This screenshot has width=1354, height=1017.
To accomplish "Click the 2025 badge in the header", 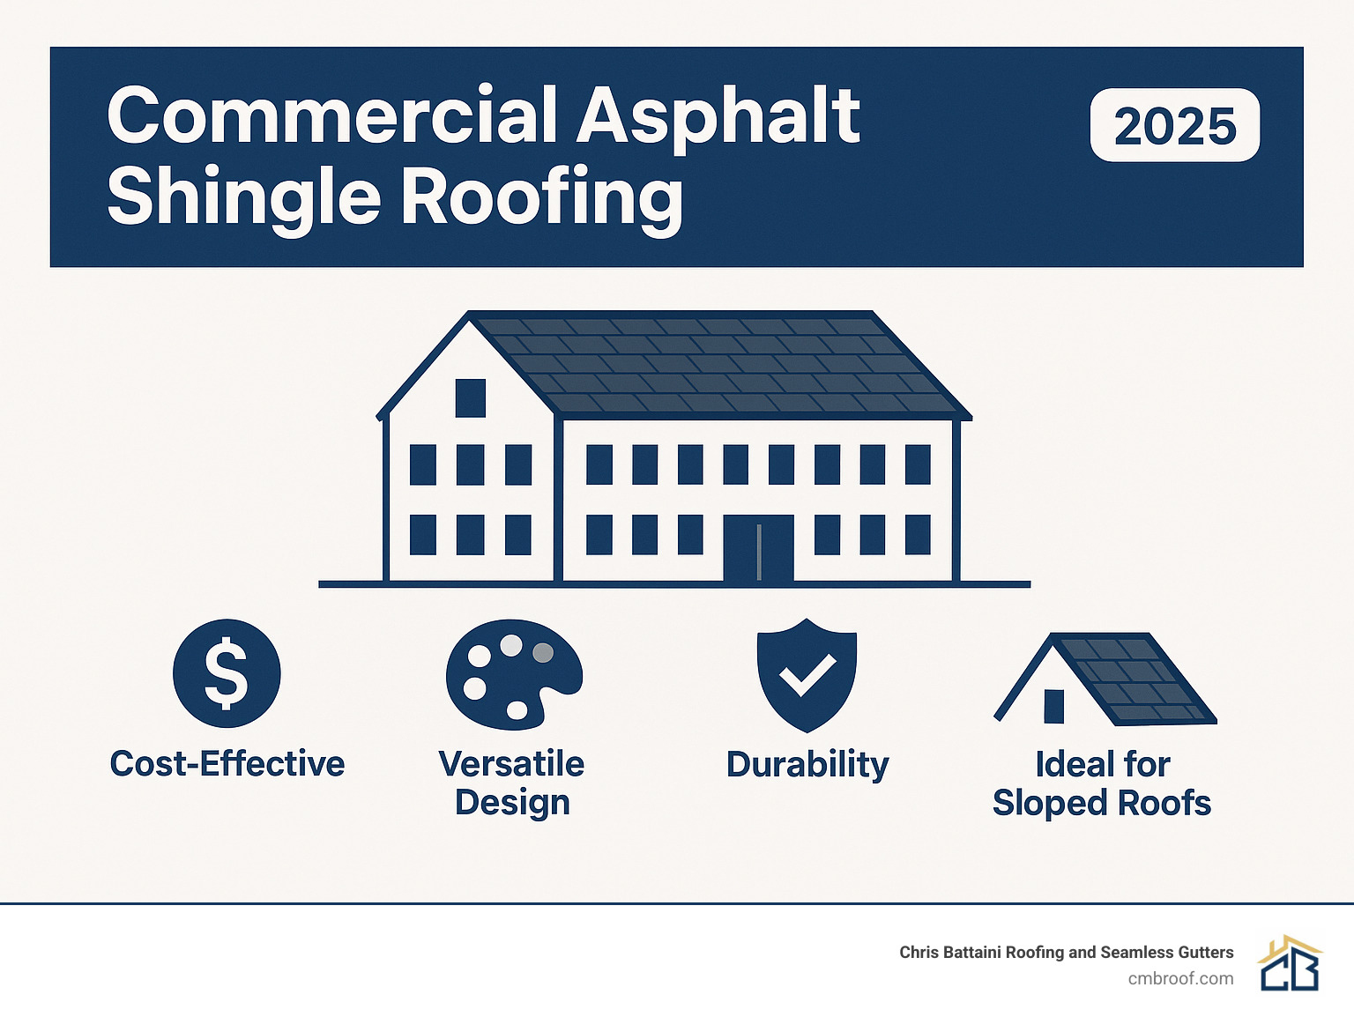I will coord(1174,125).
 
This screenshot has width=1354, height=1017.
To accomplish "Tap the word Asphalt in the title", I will coord(718,116).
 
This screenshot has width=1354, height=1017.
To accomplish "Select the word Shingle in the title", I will coord(243,197).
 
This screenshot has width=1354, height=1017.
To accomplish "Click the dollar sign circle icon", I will coord(227,673).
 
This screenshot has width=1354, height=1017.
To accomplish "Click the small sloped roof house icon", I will coord(1105,679).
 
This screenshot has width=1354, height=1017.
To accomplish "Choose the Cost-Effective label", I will coord(227,763).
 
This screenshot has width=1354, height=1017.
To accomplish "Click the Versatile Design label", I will coord(512,783).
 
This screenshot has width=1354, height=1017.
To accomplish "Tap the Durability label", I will coord(807,764).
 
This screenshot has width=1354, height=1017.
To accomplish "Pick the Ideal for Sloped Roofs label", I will coord(1102,783).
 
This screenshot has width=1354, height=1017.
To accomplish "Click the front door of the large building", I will coord(758,548).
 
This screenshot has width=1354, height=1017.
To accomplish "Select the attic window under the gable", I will coord(471,397).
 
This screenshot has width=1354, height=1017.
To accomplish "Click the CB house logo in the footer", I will coord(1290,964).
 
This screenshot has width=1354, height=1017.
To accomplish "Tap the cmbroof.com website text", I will coord(1180,978).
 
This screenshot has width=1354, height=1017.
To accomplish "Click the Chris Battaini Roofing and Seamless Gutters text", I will coord(1066,952).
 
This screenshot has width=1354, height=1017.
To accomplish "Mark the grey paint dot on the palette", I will coord(543,652).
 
